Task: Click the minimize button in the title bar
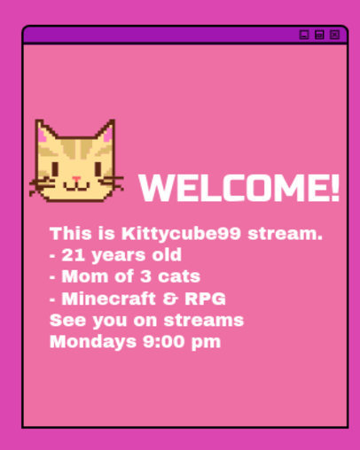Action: [x=304, y=35]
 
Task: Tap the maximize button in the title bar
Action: [x=319, y=35]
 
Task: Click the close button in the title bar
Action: [x=334, y=35]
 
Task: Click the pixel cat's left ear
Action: [x=45, y=132]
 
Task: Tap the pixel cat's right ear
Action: [x=106, y=132]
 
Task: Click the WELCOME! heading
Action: [x=239, y=189]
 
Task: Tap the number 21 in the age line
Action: [x=72, y=255]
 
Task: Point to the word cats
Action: [x=180, y=275]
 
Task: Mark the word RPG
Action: [x=204, y=298]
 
